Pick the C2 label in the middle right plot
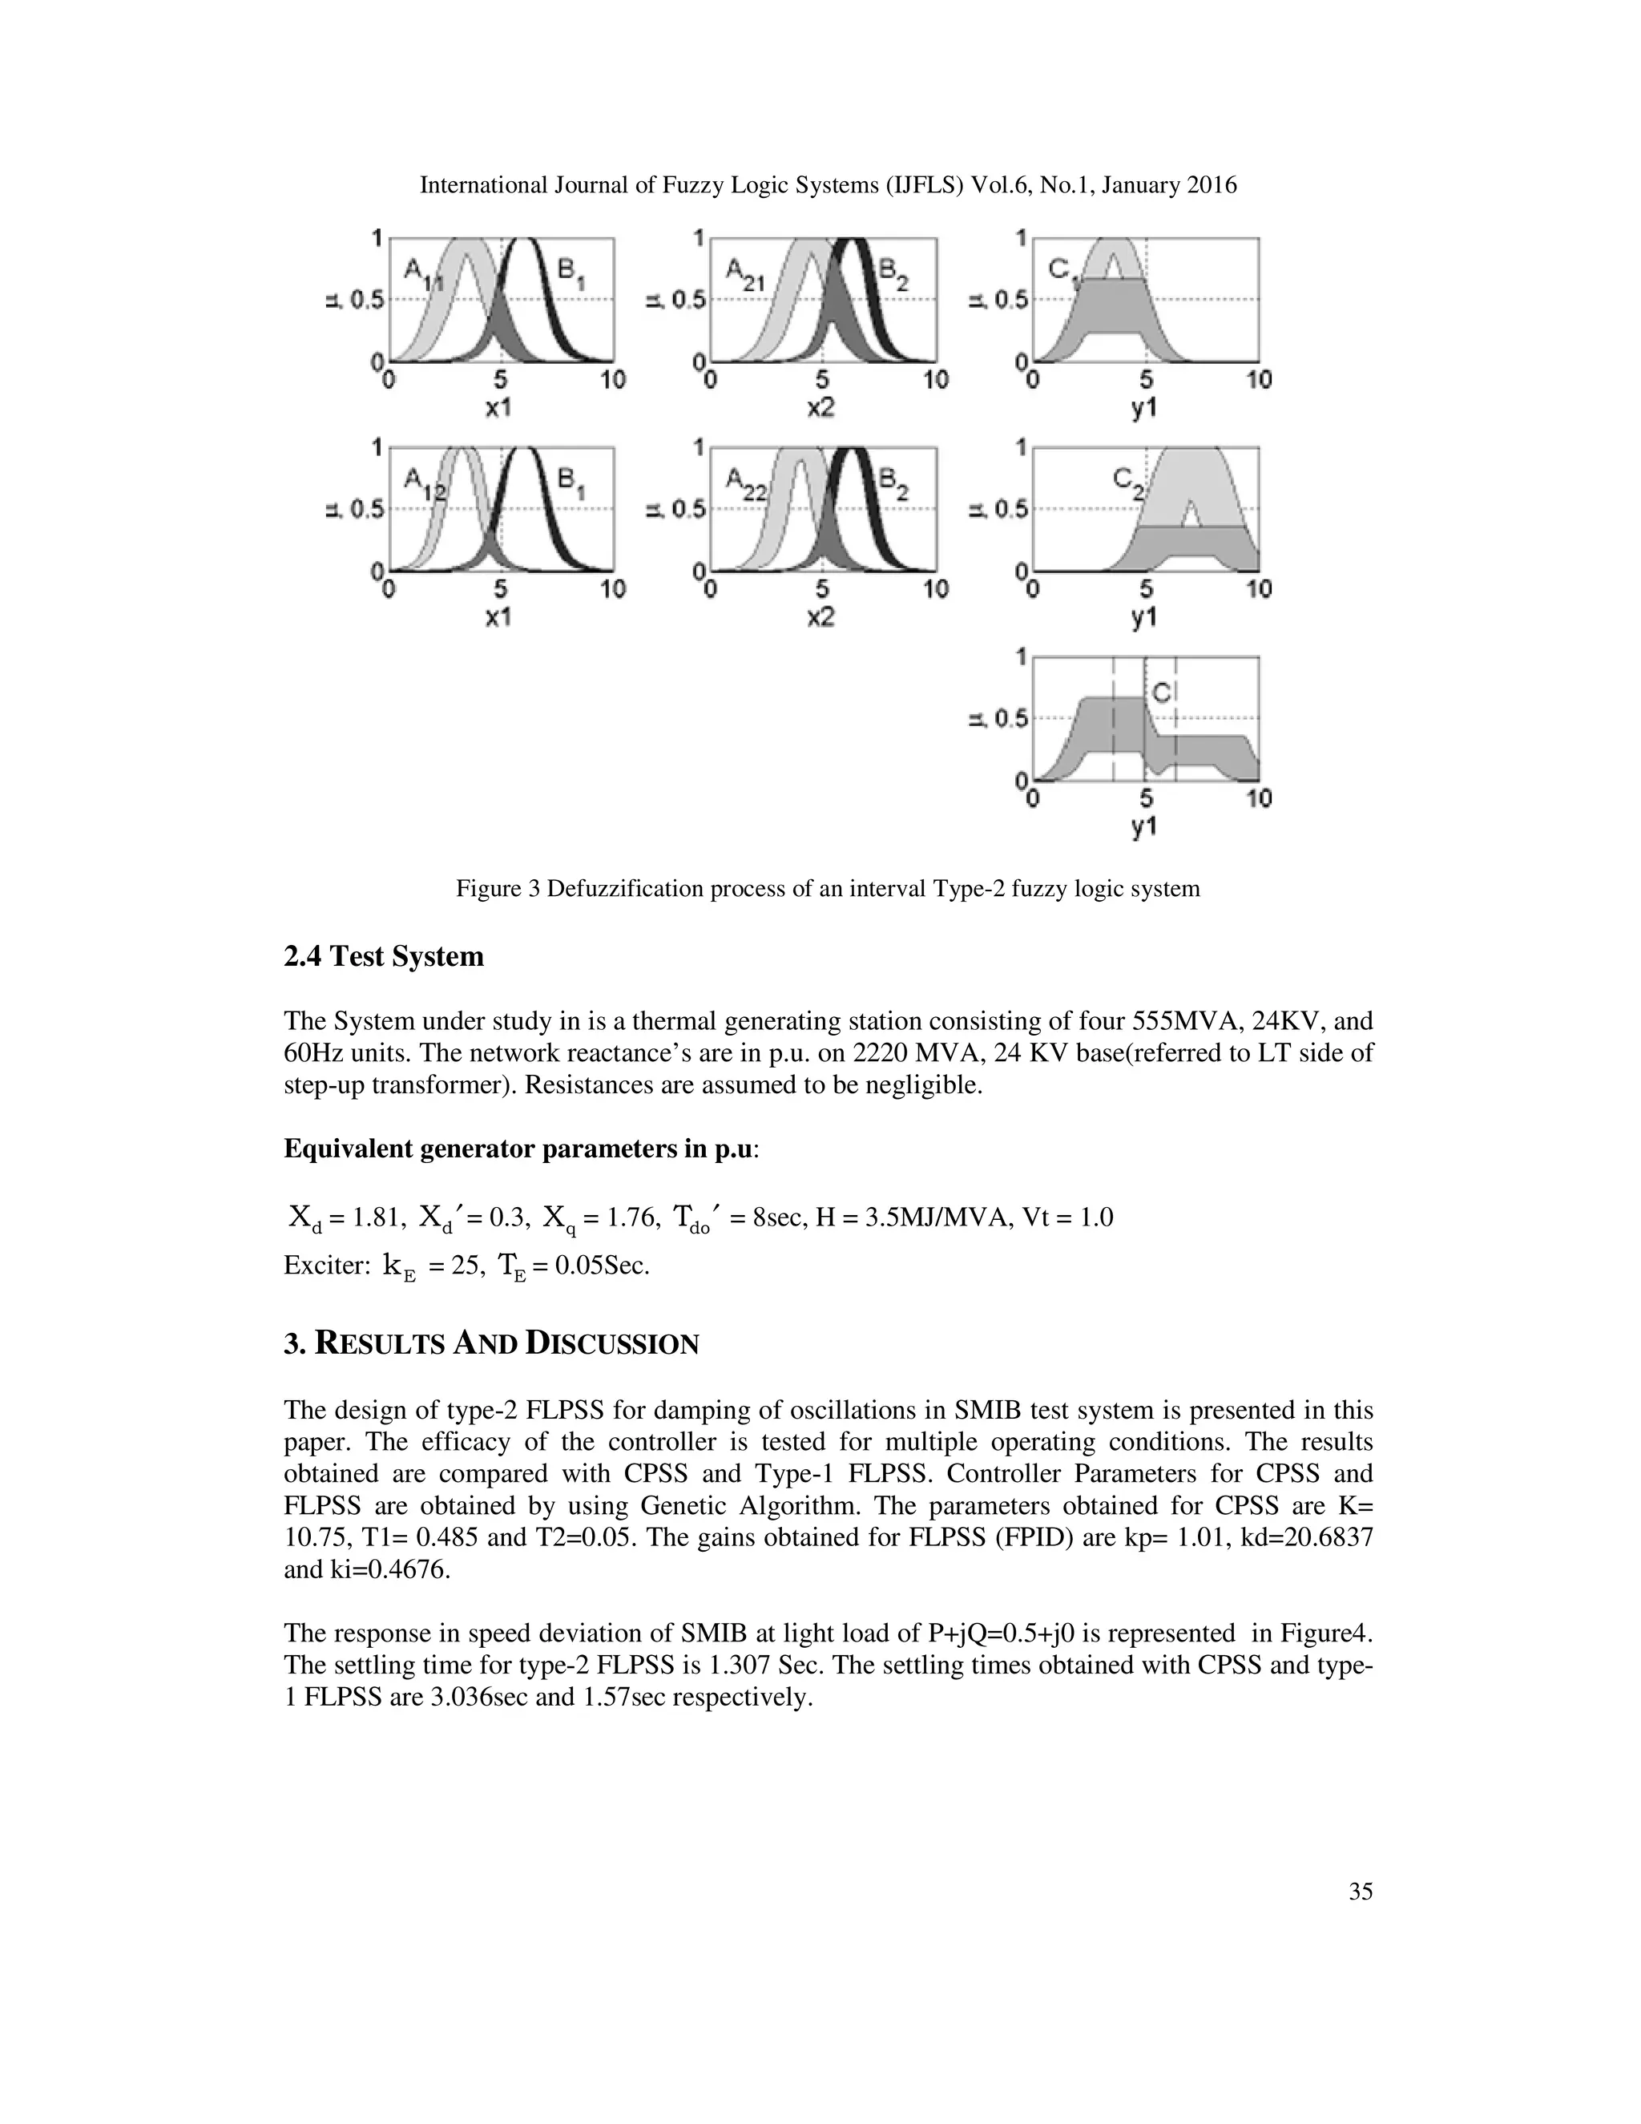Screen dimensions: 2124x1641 coord(1130,483)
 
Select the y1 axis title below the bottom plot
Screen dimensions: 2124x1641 coord(1144,828)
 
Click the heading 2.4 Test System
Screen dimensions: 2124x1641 coord(383,956)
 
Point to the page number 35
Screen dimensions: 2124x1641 coord(1360,1892)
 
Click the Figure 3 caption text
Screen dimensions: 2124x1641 coord(827,888)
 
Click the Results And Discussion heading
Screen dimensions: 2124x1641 coord(491,1344)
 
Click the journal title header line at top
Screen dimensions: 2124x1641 coord(827,185)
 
